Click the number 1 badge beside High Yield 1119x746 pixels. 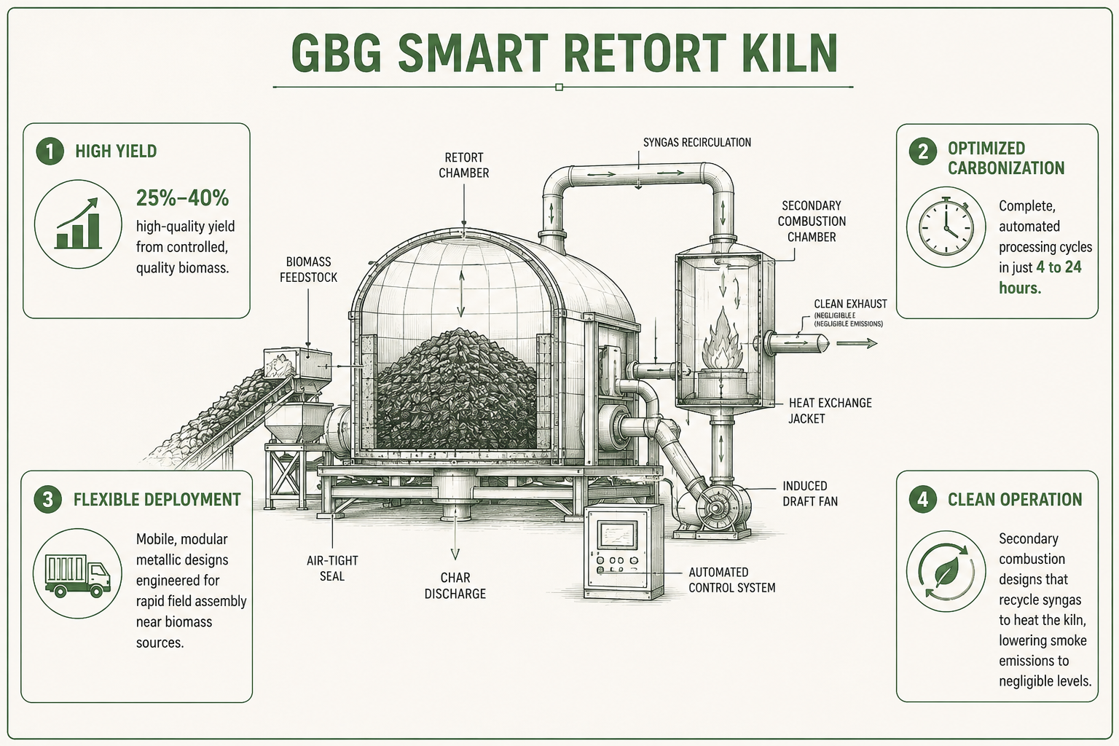[x=50, y=151]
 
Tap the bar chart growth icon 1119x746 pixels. [x=79, y=224]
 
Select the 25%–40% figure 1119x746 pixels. [x=182, y=198]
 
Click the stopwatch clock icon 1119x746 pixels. [x=946, y=227]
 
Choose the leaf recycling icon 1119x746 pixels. [x=946, y=571]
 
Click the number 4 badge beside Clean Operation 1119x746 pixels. [x=923, y=499]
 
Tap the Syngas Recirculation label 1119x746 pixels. [x=697, y=142]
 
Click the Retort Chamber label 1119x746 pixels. [x=463, y=165]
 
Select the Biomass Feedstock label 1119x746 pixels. [x=308, y=270]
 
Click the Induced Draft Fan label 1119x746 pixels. [x=810, y=494]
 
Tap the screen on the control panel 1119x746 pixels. [x=618, y=535]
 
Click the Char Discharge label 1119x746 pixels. [x=455, y=586]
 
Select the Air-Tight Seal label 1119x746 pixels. [x=332, y=568]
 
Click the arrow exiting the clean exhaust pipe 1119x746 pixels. [x=857, y=343]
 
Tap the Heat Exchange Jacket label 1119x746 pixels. [x=830, y=411]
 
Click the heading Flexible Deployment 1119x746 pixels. [x=157, y=499]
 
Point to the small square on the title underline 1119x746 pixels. [x=559, y=87]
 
